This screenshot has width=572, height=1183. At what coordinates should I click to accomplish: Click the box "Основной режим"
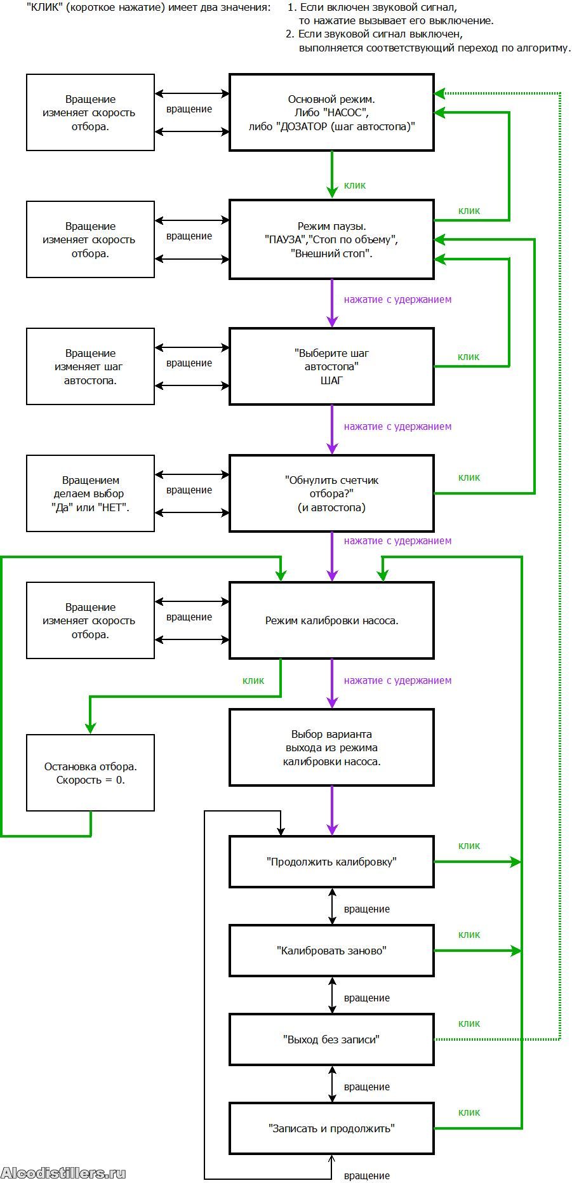pos(331,112)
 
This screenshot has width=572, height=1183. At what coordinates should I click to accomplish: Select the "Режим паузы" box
pos(331,239)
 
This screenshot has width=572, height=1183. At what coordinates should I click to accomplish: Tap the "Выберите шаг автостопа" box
pos(331,366)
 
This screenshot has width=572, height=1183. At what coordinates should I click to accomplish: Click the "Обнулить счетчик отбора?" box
pos(331,493)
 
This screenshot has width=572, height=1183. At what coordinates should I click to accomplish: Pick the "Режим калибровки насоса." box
pos(331,620)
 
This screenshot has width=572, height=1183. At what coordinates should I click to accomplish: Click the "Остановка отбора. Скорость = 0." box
pos(90,773)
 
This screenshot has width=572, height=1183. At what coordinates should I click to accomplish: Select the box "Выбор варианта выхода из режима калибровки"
pos(331,747)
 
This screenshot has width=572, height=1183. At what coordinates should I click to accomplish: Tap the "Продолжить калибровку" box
pos(331,862)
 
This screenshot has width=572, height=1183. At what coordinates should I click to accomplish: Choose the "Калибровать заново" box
pos(331,951)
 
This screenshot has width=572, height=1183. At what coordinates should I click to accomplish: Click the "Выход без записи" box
pos(331,1039)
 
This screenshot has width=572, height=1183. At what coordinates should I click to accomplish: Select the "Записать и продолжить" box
pos(331,1128)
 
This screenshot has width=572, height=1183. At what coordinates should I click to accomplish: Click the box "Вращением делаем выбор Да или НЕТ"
pos(90,493)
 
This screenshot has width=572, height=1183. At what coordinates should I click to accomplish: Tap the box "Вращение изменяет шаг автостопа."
pos(90,366)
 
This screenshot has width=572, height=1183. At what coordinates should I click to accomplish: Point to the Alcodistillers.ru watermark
pos(63,1173)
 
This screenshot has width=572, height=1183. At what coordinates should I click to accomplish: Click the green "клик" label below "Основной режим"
pos(355,185)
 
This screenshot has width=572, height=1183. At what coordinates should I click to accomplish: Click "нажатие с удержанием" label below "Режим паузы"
pos(397,299)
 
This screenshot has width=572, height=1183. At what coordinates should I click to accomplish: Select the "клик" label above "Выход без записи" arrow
pos(469,1024)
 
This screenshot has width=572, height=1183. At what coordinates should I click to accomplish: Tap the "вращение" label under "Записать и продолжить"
pos(367,1175)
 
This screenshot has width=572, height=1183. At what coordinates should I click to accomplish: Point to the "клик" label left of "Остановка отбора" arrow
pos(253,681)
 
